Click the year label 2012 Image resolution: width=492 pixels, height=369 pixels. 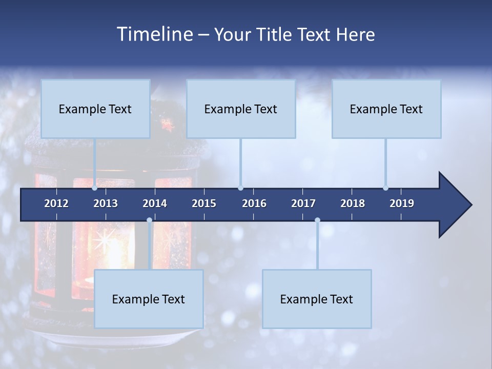point(56,203)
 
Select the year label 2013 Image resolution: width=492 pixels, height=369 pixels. point(106,203)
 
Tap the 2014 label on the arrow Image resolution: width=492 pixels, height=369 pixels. point(155,203)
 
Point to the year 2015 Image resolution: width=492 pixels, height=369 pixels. point(204,203)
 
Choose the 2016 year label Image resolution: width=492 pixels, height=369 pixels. point(254,203)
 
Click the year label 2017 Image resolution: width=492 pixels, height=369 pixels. point(303,203)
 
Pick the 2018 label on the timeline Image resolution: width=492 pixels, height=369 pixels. point(353,203)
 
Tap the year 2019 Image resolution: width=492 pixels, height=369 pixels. point(402,203)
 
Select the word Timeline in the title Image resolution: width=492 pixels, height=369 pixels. point(154,34)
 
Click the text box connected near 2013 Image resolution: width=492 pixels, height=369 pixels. point(95,109)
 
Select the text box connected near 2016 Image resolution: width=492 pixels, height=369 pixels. point(241,109)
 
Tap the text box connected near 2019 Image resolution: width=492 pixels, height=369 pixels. point(386,109)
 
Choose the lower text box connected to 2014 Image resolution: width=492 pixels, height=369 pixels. point(149,299)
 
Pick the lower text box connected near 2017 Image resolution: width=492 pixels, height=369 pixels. point(317,299)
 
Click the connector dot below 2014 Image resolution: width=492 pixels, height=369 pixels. point(149,220)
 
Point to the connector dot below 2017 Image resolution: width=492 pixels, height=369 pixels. point(317,220)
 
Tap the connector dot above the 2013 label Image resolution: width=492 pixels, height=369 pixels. point(95,188)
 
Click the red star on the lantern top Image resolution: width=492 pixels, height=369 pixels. point(166,124)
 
